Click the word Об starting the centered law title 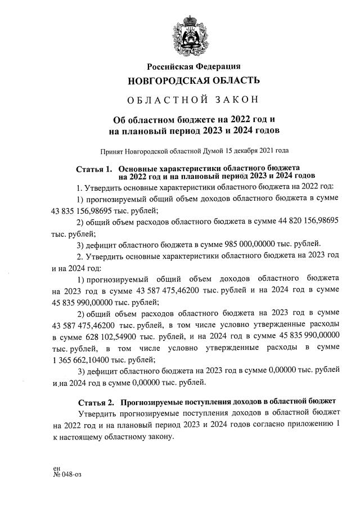click(120, 119)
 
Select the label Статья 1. click(94, 169)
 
